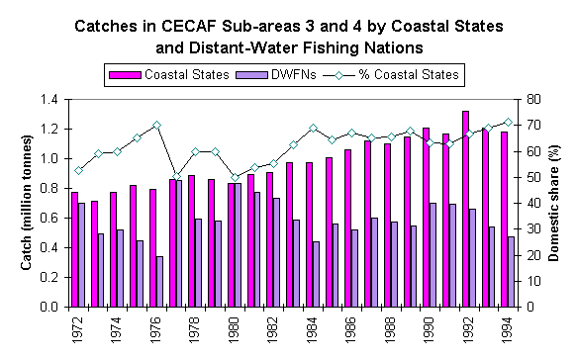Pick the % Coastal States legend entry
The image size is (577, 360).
coord(404,73)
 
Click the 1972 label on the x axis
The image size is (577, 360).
coord(77,329)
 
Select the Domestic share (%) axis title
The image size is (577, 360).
coord(557,203)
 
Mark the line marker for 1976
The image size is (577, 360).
coord(156,125)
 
